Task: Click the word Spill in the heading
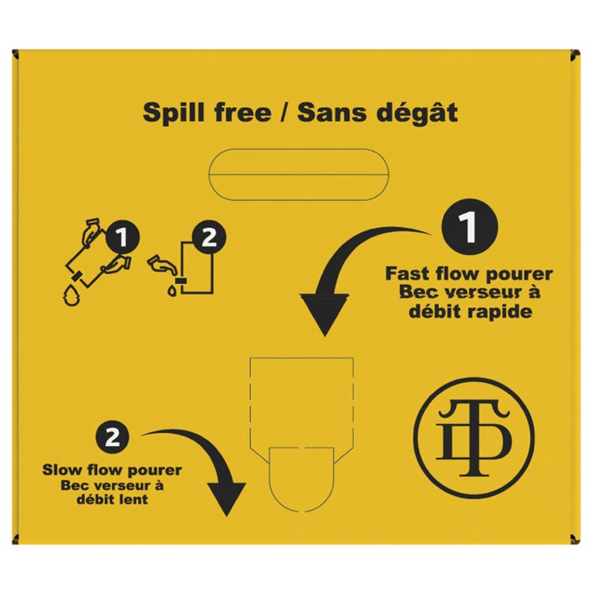(x=174, y=113)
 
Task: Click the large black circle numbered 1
(x=469, y=226)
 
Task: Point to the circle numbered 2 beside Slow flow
(x=113, y=437)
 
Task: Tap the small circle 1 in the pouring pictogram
(x=122, y=238)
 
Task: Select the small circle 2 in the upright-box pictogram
(x=209, y=237)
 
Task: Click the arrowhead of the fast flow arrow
(x=324, y=313)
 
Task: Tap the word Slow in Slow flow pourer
(x=62, y=470)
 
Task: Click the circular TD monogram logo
(x=474, y=438)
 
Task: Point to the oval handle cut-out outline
(x=298, y=150)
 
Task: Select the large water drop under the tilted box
(x=72, y=296)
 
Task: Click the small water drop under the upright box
(x=172, y=291)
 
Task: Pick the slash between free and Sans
(x=284, y=113)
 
